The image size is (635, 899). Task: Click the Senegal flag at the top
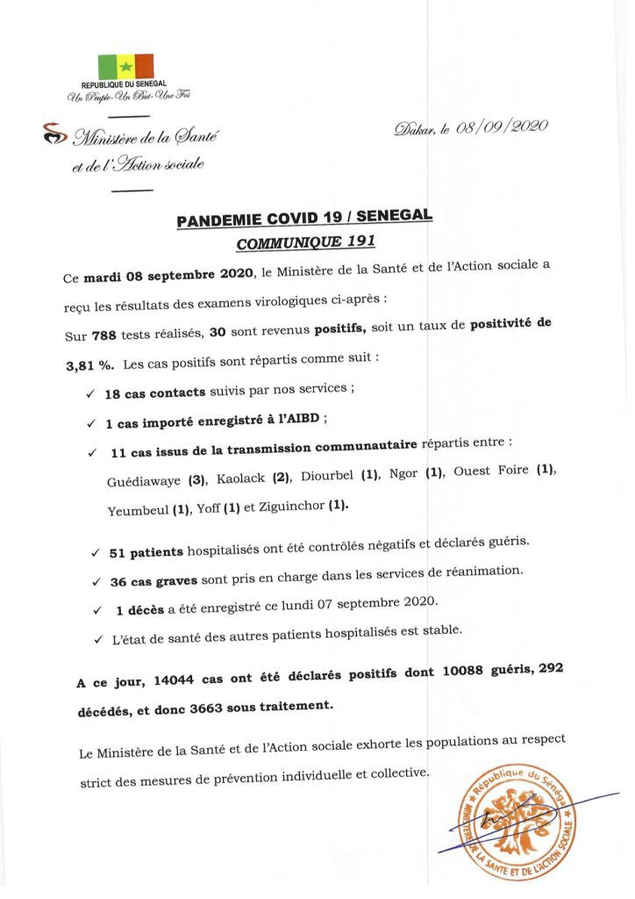click(x=125, y=67)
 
